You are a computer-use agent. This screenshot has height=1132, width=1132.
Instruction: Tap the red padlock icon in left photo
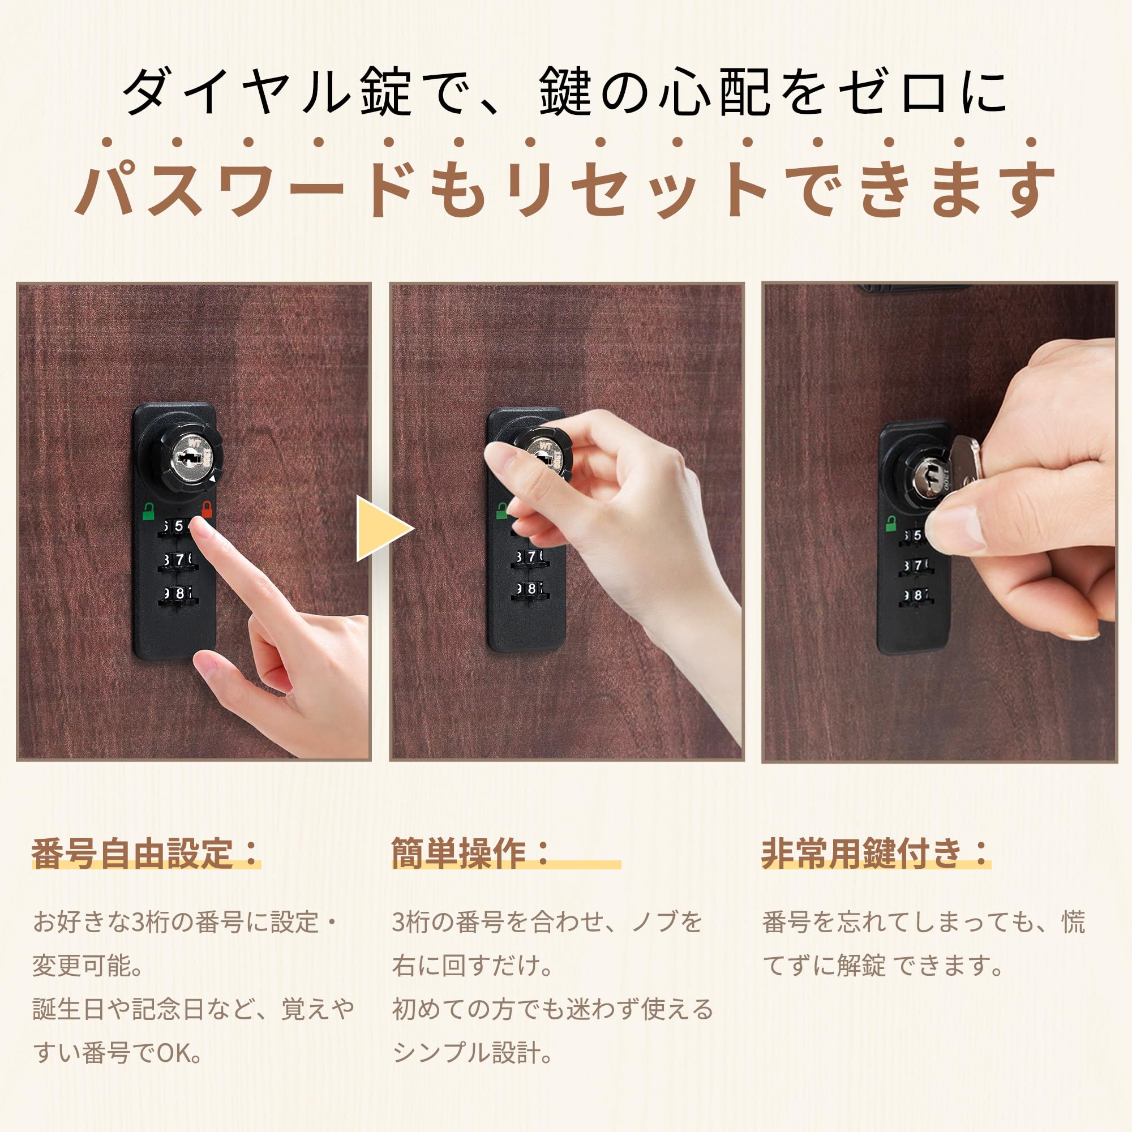tap(206, 509)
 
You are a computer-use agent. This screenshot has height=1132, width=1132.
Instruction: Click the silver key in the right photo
tap(961, 469)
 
